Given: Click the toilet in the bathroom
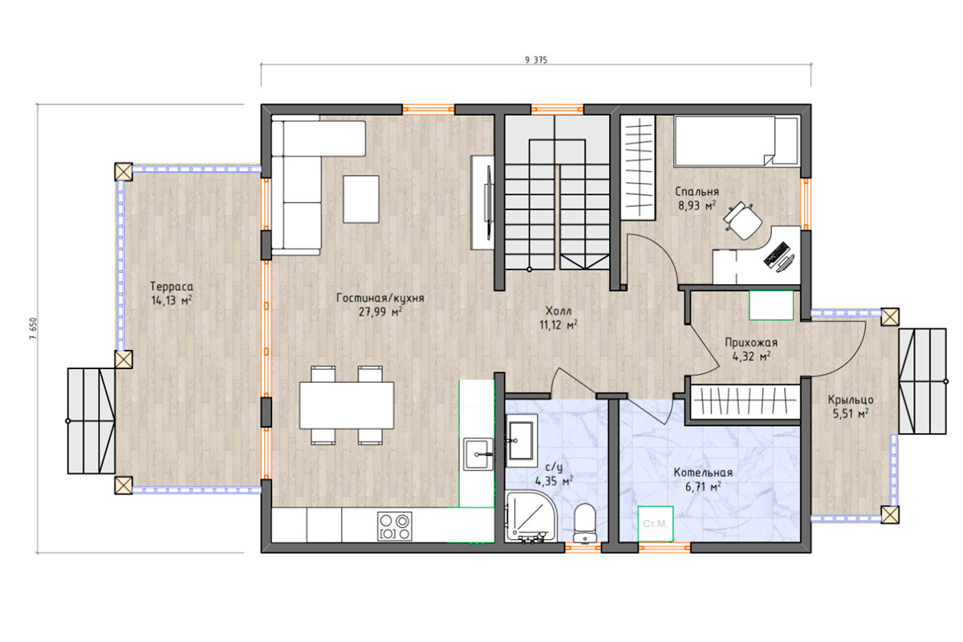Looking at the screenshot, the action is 585,523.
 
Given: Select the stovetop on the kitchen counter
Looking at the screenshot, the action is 395,526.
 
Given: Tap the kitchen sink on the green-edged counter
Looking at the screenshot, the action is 478,454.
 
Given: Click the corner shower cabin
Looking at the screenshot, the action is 531,517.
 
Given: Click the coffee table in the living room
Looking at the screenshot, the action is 361,199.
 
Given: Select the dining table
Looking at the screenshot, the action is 347,405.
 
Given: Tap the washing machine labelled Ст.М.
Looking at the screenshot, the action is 655,524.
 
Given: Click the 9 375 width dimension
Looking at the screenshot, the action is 536,60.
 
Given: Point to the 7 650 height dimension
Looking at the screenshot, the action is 34,328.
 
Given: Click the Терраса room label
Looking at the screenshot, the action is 172,286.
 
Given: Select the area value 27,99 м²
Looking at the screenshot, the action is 380,311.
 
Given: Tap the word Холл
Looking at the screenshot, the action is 559,311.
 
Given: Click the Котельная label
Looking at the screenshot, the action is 703,473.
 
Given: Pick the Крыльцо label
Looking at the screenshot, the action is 851,400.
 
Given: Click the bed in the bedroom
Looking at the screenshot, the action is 736,141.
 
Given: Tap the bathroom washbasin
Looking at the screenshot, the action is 521,441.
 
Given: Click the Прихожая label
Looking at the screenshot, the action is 751,343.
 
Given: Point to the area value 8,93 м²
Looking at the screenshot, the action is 697,205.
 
